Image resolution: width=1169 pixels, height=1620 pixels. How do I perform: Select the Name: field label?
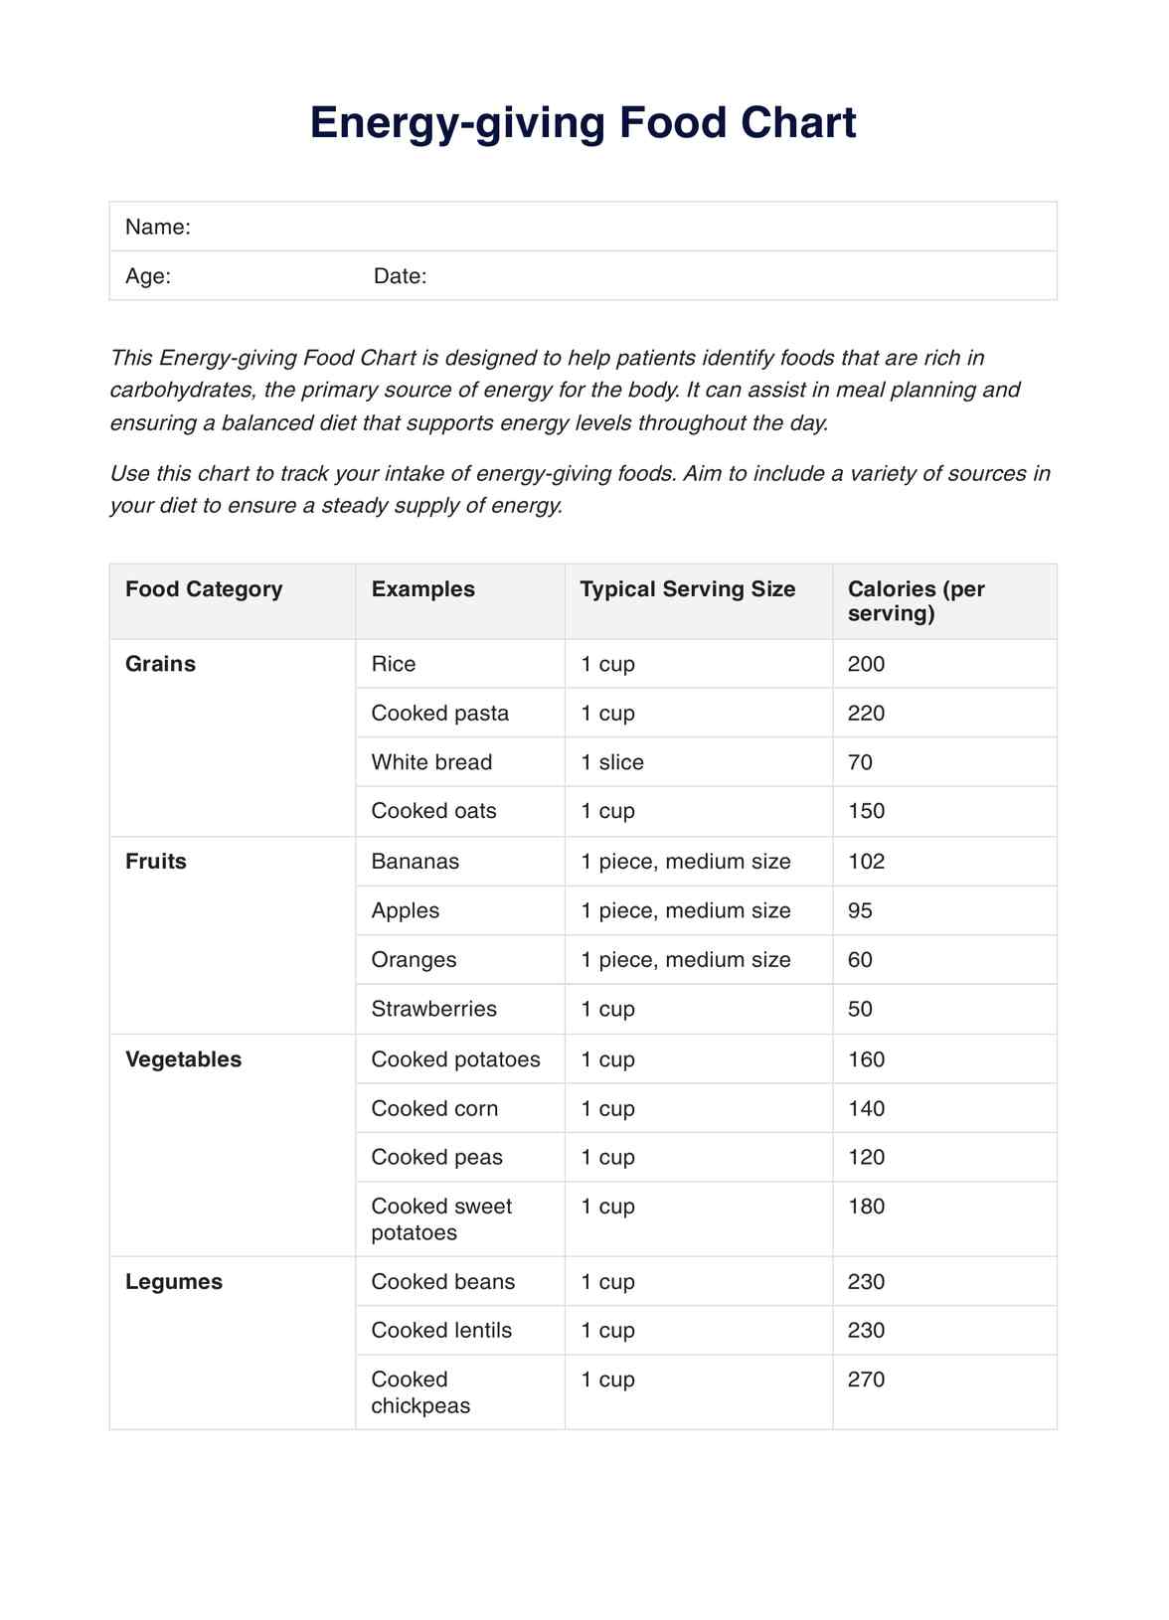158,227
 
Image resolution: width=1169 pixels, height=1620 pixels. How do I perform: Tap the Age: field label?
148,276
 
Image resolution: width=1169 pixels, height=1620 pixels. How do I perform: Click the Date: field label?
400,276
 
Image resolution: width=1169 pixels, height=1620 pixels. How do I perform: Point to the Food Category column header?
204,589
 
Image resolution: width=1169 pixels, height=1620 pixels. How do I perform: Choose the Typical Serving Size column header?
687,589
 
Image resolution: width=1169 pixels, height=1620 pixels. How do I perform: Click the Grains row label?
160,664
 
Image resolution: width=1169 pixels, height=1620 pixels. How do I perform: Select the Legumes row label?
174,1282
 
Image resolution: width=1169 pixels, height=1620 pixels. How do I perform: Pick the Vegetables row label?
183,1059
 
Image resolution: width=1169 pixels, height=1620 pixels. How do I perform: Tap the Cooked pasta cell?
439,714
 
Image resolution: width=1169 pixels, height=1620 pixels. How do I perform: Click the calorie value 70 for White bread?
860,762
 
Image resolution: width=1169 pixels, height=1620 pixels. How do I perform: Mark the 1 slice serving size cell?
612,762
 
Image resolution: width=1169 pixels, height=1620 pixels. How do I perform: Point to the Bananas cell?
415,862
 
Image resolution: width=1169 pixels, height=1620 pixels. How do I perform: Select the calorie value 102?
866,862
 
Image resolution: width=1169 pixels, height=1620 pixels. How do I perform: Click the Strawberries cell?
433,1009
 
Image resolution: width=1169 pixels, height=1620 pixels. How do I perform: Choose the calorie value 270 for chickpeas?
866,1379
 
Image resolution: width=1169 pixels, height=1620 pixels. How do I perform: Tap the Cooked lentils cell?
441,1331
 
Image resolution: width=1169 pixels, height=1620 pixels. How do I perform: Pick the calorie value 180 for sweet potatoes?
866,1207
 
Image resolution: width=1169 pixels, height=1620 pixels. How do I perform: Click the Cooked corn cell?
434,1109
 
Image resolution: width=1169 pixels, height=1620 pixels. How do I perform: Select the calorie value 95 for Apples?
860,910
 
